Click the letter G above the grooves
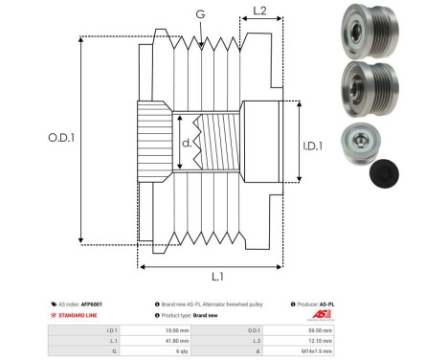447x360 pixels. coord(199,15)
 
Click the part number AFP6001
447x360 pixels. coord(91,304)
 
